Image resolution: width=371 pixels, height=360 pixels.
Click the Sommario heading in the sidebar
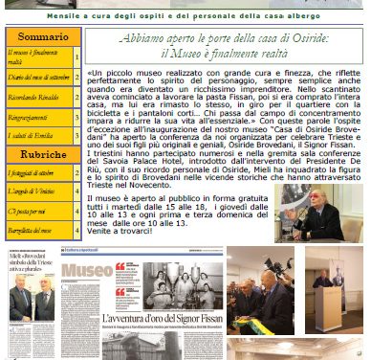click(42, 36)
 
